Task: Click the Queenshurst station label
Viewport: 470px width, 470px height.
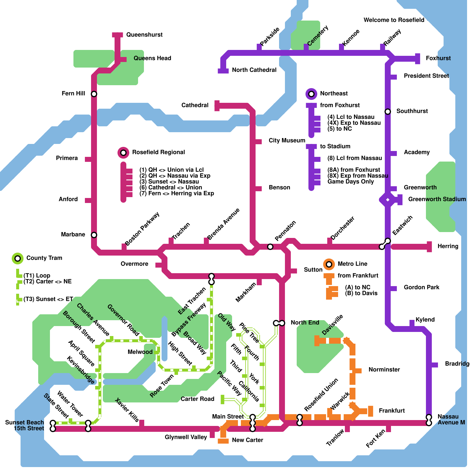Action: (144, 35)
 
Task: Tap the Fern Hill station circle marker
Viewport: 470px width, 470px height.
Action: (94, 94)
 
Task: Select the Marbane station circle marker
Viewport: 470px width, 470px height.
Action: (94, 235)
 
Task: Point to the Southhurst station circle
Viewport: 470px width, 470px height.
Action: (388, 112)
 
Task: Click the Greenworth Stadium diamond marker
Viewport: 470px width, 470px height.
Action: (388, 200)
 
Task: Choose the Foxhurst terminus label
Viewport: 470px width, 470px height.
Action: (438, 58)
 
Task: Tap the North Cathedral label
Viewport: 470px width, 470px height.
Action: (254, 70)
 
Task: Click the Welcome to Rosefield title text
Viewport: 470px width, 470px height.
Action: (394, 20)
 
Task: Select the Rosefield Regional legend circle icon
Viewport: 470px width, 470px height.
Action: (123, 153)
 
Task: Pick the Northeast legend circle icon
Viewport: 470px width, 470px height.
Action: (311, 94)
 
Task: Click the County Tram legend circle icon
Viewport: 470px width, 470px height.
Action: (18, 258)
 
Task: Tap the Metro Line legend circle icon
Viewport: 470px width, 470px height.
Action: (329, 264)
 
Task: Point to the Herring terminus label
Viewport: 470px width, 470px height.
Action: (448, 246)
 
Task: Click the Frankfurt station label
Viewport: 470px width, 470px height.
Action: (392, 411)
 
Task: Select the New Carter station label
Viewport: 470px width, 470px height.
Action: (247, 440)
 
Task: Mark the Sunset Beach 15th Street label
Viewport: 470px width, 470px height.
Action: (25, 425)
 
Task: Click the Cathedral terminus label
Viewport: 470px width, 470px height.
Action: (195, 105)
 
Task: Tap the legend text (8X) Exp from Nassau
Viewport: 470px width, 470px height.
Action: (357, 176)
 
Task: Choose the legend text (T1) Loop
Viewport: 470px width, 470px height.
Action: (37, 276)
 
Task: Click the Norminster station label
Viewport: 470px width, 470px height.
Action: (384, 370)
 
